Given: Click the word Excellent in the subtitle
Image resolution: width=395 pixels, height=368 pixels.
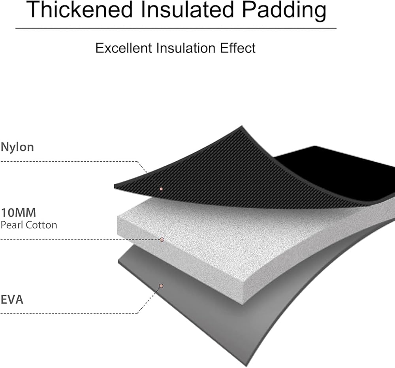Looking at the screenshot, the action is point(124,48).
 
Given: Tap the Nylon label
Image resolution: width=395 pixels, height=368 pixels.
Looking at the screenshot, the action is point(17,147).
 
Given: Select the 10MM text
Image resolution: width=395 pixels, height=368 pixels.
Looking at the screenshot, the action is point(19,213).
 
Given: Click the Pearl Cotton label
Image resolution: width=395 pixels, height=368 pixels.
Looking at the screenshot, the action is point(29,225).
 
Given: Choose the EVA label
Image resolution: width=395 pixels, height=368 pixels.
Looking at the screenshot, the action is point(12,299).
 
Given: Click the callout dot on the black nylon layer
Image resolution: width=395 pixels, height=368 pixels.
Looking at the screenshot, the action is point(161,189).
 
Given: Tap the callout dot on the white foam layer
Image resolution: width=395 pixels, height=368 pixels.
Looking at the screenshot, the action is point(162,240).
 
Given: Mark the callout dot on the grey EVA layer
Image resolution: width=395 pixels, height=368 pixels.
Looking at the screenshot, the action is point(161,286).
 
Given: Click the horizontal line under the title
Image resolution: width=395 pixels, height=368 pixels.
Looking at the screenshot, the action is point(176,28).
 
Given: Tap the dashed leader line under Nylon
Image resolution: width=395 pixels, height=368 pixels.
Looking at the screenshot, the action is point(67,161).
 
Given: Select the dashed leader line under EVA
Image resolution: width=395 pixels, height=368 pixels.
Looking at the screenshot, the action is point(67,314).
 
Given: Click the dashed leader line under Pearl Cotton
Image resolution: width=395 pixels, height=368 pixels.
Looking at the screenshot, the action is point(79,240).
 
